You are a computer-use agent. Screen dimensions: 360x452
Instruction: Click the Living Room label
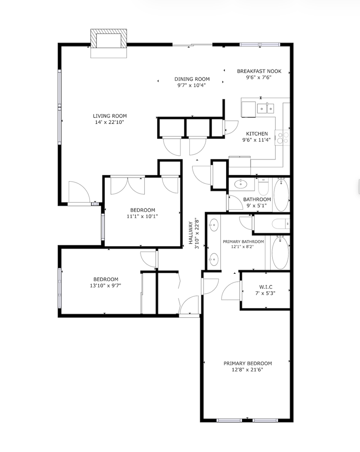point(110,116)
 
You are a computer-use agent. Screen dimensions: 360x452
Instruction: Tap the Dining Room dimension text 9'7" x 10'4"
point(192,85)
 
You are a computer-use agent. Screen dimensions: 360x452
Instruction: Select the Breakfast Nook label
point(259,71)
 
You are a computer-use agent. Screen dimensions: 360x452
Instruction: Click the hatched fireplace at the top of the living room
point(109,39)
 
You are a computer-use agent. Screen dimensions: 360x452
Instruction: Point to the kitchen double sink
point(266,108)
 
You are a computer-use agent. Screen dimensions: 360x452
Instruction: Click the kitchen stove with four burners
point(282,138)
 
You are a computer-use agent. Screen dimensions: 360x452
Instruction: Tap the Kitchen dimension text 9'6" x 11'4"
point(257,140)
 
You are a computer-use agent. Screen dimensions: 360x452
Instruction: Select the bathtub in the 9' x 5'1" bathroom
point(281,195)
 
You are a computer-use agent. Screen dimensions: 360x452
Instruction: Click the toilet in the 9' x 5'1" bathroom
point(263,187)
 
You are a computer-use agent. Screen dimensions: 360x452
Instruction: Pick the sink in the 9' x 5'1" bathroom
point(240,184)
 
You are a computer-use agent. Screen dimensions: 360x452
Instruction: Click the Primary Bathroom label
point(243,241)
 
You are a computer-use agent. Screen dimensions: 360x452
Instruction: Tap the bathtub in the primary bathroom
point(280,253)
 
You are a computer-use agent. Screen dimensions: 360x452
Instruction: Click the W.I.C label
point(266,287)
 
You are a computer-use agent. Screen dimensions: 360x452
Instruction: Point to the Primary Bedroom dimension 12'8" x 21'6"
point(248,370)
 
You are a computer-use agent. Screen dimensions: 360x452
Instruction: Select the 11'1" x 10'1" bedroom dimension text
point(142,216)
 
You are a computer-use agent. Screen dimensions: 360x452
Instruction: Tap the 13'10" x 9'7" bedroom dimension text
point(105,286)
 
